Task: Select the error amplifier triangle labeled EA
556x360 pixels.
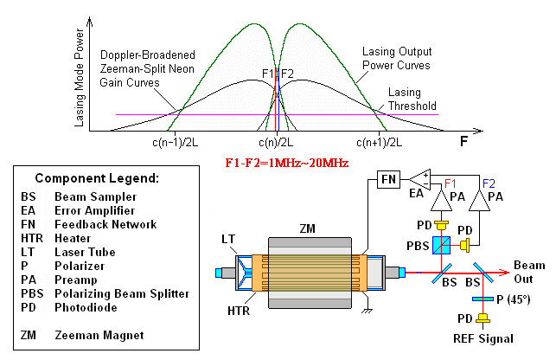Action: [421, 180]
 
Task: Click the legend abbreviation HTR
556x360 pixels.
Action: [32, 239]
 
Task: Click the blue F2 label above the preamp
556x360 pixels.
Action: [489, 183]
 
